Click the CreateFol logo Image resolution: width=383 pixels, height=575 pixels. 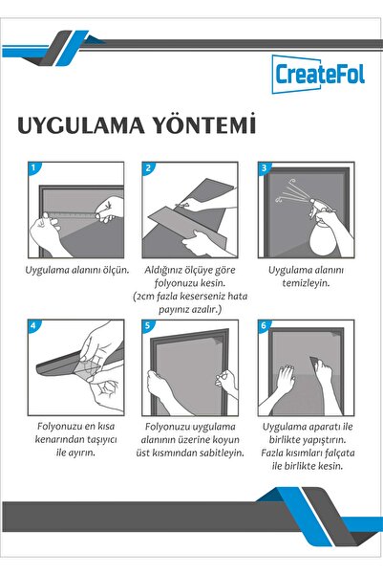click(318, 74)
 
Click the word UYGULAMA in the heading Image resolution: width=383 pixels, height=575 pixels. click(81, 125)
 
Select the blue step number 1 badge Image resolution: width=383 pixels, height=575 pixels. click(33, 168)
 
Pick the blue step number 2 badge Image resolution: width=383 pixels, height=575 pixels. click(148, 168)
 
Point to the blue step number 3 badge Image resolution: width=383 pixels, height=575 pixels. click(264, 168)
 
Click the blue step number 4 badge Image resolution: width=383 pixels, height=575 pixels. click(33, 325)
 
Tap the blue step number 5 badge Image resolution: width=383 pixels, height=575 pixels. click(148, 325)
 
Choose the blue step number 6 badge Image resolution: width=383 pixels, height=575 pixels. click(264, 325)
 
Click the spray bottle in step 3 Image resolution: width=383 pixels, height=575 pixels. click(322, 228)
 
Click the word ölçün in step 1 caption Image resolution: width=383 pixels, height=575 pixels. click(116, 271)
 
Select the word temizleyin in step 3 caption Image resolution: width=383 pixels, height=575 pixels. click(306, 283)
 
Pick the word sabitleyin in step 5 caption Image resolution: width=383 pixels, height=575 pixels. click(222, 453)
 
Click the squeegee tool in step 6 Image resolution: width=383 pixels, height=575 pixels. click(315, 364)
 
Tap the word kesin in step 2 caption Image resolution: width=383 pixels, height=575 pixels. click(213, 283)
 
